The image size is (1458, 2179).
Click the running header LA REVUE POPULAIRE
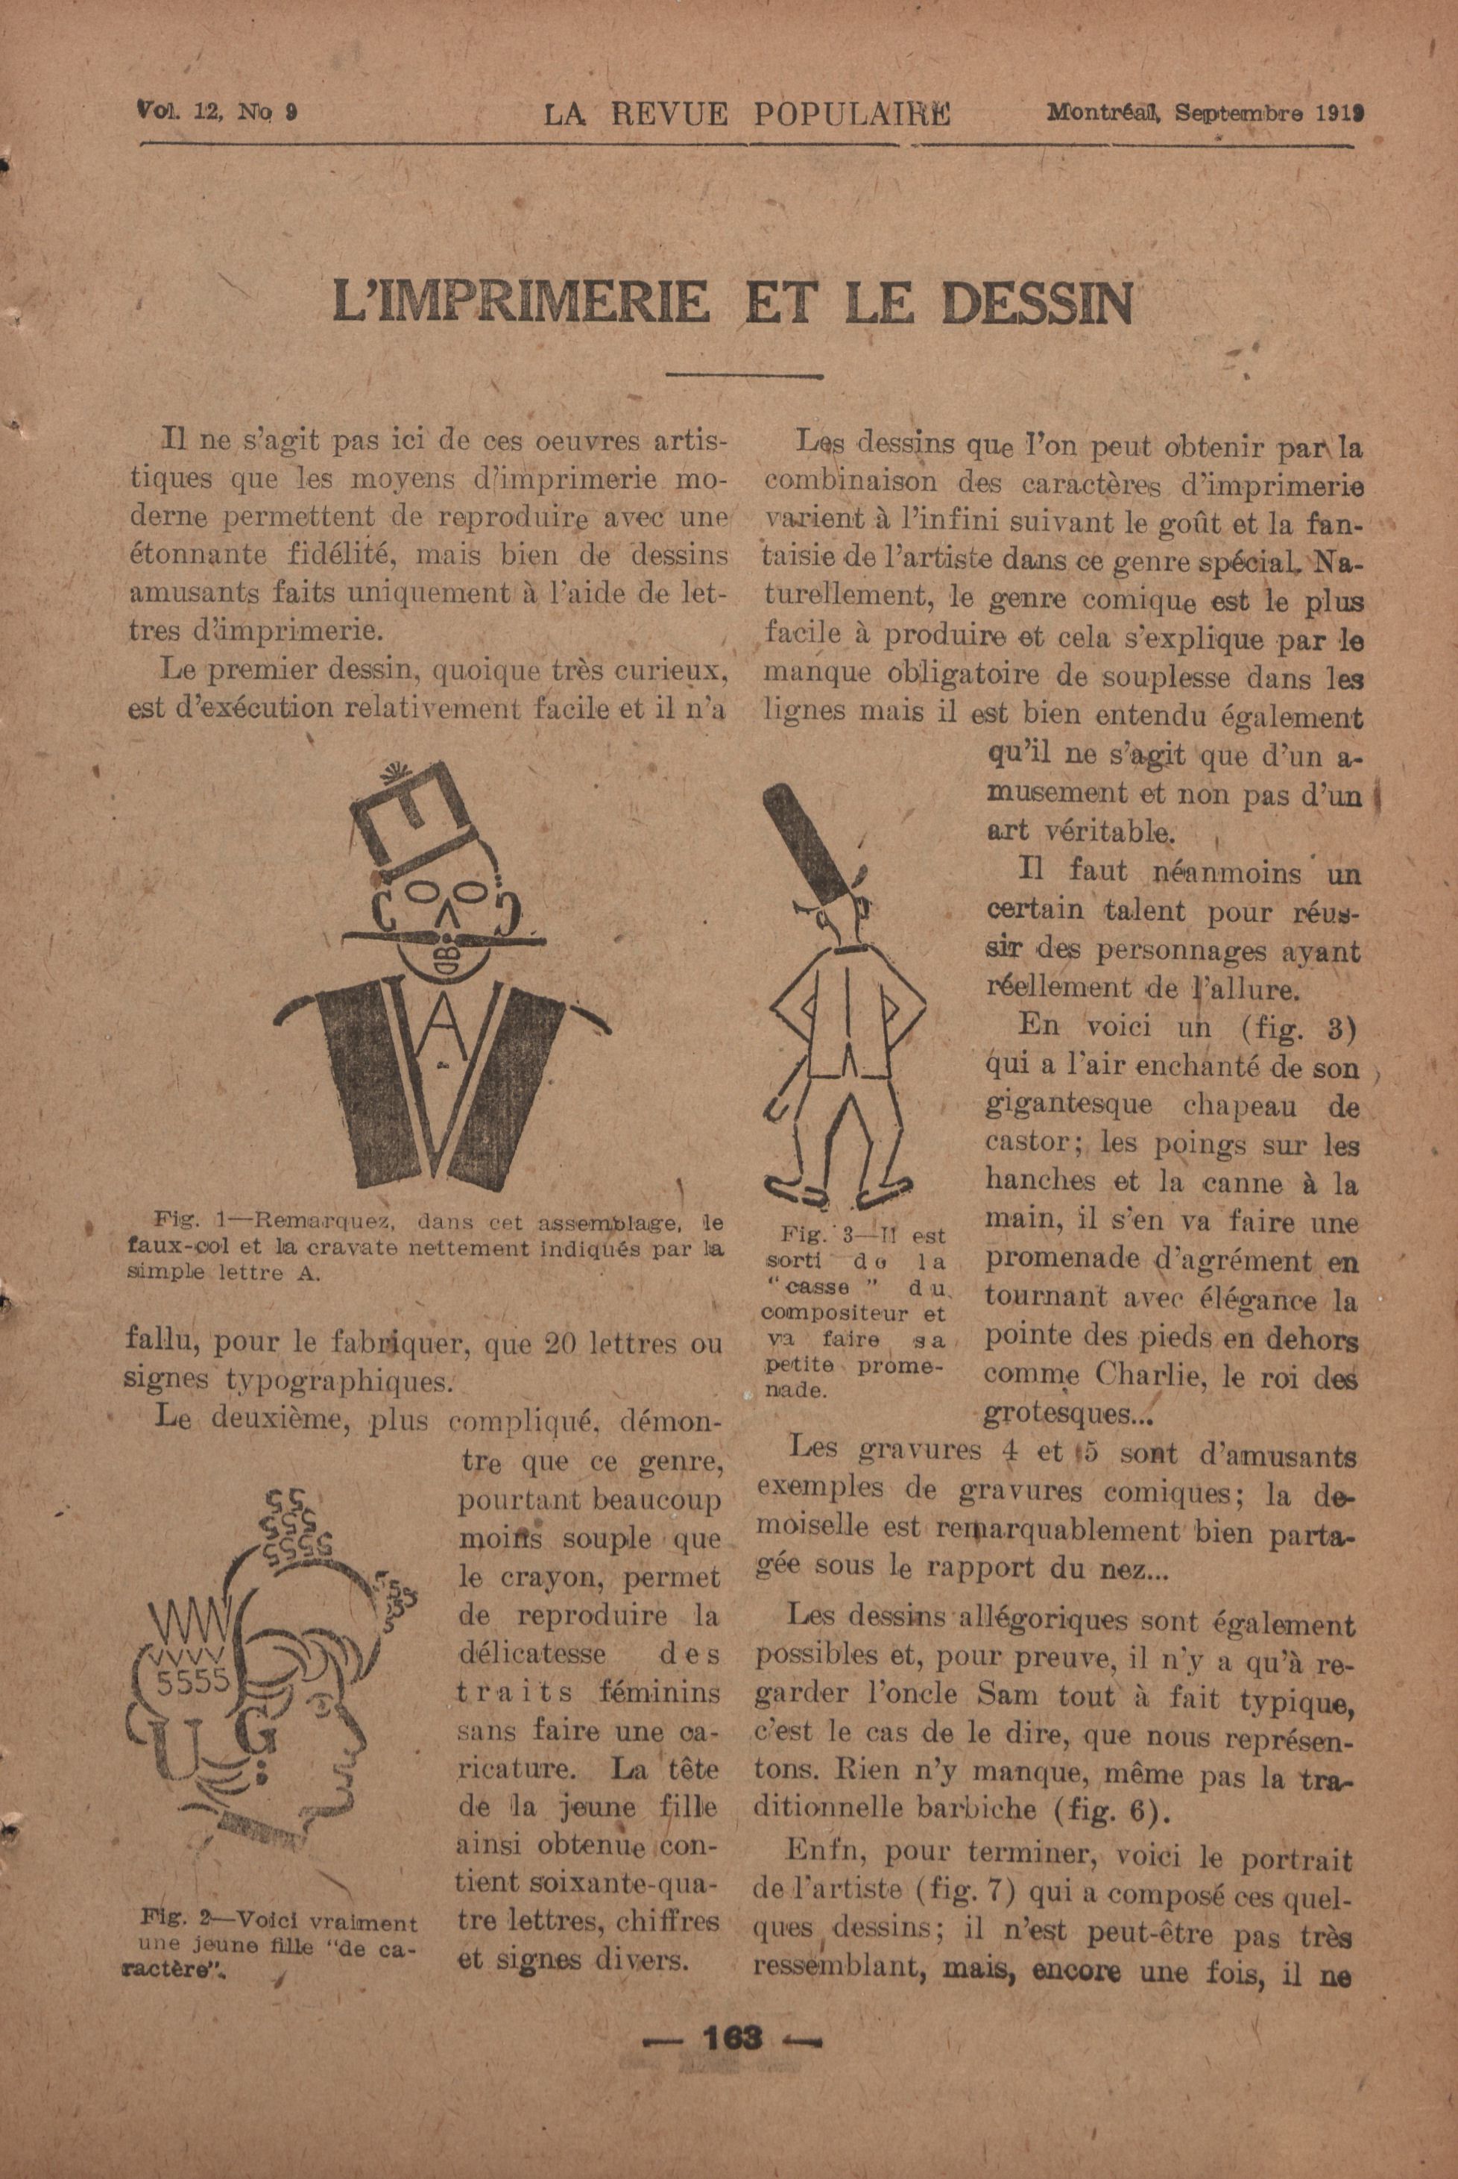[x=747, y=113]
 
